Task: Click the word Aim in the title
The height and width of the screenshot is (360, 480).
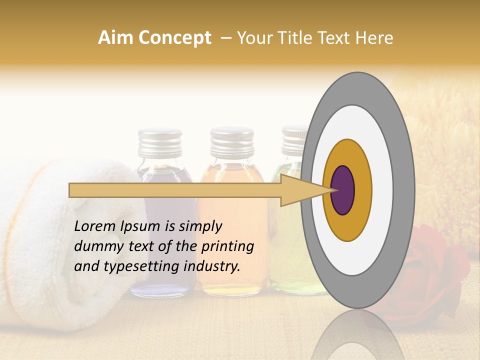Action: click(x=114, y=38)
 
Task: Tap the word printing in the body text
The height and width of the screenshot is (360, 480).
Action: click(x=227, y=246)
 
